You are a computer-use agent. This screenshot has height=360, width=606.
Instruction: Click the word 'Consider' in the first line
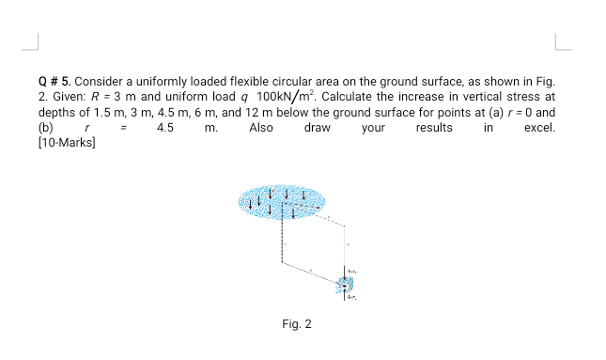101,82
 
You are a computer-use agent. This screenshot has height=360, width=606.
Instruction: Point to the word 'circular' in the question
293,82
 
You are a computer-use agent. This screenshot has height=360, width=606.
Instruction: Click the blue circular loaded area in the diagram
281,199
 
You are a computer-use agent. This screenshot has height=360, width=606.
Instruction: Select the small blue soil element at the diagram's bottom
346,284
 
